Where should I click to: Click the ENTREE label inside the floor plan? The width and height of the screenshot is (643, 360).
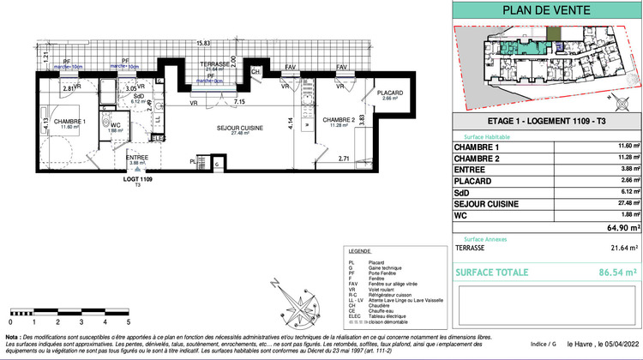pyautogui.click(x=114, y=157)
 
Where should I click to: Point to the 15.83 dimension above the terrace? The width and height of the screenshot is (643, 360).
pyautogui.click(x=202, y=43)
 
